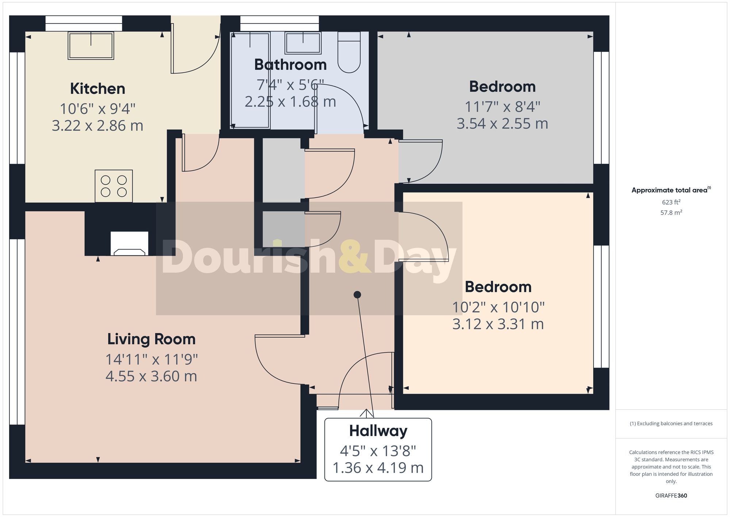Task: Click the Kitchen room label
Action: (x=97, y=89)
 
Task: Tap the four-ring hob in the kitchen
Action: (x=114, y=186)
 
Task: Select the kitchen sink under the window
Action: (x=91, y=45)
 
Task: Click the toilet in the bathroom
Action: (x=349, y=52)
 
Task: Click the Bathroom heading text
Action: (x=290, y=65)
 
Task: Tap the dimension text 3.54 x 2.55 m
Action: (x=502, y=123)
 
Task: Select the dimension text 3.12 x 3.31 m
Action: (x=498, y=324)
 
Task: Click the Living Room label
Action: (x=151, y=339)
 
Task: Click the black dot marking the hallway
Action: (x=357, y=294)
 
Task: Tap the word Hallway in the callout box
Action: (x=378, y=431)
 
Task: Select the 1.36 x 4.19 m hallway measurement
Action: (x=378, y=468)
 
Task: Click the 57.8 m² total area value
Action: (x=671, y=212)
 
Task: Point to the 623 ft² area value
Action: (x=671, y=202)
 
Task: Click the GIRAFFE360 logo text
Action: (x=671, y=495)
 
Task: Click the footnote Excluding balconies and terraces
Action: (x=671, y=423)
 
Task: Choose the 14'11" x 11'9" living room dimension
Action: (x=151, y=360)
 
